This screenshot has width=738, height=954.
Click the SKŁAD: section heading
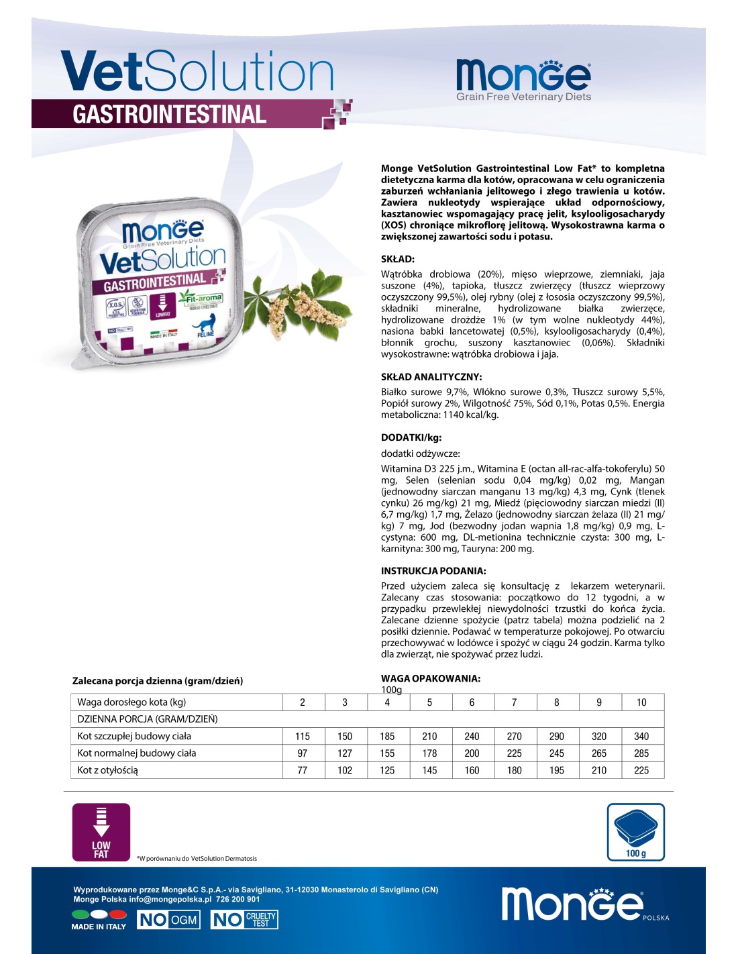[398, 259]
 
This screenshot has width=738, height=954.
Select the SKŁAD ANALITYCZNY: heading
[431, 377]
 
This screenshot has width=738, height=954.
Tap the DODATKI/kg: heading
[411, 437]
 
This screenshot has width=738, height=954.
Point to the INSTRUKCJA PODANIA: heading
[433, 571]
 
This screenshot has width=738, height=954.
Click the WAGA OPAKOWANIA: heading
[431, 678]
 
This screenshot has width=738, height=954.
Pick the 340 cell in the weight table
[641, 736]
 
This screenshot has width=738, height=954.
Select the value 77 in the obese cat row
[303, 770]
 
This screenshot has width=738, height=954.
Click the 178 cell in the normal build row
[429, 753]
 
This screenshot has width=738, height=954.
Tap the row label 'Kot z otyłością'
[107, 770]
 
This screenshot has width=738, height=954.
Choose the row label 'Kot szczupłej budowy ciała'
[134, 736]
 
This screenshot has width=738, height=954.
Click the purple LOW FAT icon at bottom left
[101, 832]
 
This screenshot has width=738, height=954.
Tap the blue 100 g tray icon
[635, 832]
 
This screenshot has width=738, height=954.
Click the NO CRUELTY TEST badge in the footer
[244, 919]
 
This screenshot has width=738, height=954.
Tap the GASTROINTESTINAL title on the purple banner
[170, 114]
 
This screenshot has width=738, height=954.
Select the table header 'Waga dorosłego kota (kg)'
[131, 702]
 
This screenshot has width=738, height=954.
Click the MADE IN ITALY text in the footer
[99, 926]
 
